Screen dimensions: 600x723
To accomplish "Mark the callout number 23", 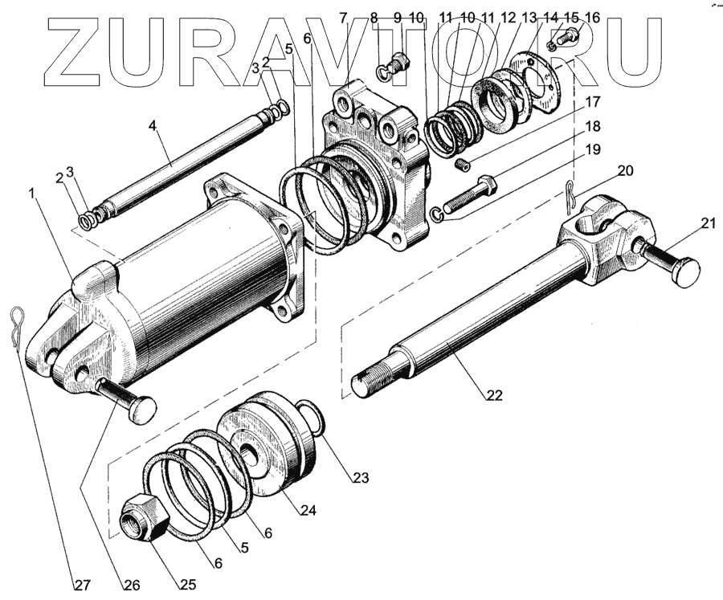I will [359, 478].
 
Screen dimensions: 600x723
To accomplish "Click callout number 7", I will [343, 17].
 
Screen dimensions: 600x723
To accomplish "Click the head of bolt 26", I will [144, 410].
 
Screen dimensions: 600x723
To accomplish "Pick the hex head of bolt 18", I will [488, 185].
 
